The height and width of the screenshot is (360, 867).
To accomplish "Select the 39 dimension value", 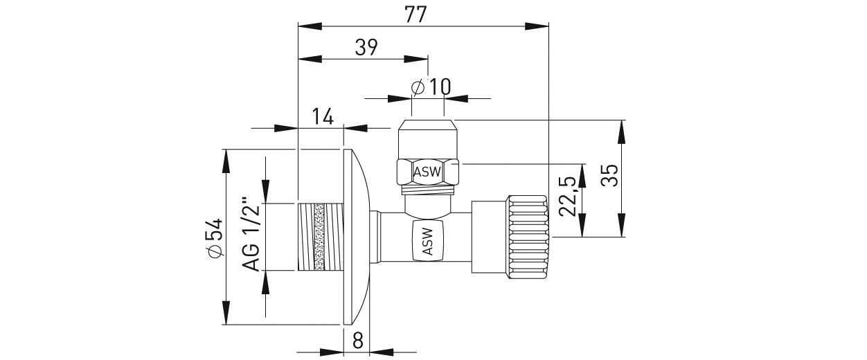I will (x=365, y=47).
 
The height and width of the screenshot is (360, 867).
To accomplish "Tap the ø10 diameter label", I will (x=430, y=87).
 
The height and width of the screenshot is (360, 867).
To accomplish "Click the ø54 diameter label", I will (x=215, y=237).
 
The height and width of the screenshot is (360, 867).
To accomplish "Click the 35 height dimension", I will (x=609, y=176).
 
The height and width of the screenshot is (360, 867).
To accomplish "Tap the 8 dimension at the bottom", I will (x=357, y=340).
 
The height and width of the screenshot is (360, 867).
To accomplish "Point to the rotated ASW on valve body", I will (x=427, y=242).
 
